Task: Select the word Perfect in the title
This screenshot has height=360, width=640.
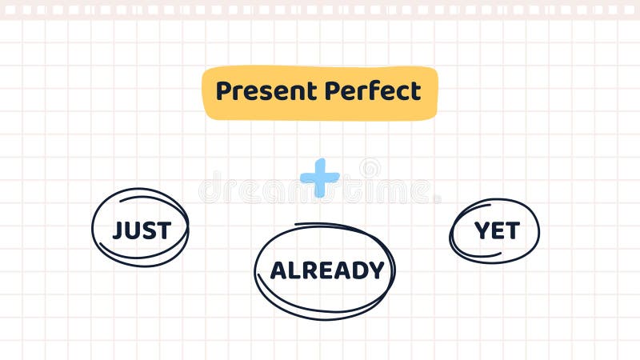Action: coord(372,91)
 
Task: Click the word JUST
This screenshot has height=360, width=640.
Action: coord(141,230)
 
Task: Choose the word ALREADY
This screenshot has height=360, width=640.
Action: coord(326,270)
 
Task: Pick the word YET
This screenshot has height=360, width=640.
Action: coord(496,231)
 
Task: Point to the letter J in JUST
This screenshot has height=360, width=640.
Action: coord(118,230)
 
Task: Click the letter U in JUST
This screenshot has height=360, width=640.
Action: coord(132,230)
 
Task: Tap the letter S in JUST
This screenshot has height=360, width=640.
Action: coord(148,230)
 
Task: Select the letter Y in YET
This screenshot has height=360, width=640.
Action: coord(482,231)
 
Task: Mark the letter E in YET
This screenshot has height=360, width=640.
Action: coord(497,231)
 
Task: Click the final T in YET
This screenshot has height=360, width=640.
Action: coord(511,231)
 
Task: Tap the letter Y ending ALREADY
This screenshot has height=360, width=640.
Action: coord(376,270)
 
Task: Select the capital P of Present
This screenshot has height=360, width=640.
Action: coord(223,91)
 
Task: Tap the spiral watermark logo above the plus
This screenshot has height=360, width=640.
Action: coord(370,168)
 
